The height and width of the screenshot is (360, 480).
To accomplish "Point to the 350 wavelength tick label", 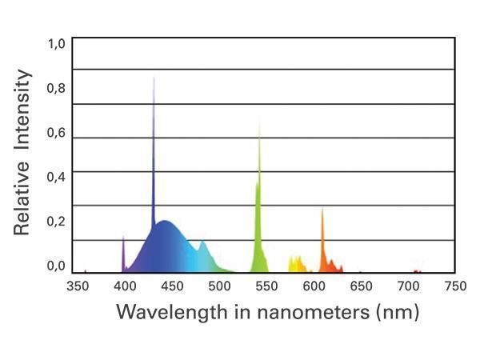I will click(77, 286).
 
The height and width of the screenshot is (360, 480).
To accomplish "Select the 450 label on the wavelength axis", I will click(171, 286).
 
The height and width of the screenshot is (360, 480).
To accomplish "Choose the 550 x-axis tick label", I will click(266, 286).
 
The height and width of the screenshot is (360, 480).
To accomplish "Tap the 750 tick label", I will click(454, 286).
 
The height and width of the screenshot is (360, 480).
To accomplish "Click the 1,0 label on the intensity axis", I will click(55, 44).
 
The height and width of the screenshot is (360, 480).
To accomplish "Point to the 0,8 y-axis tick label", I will click(55, 88).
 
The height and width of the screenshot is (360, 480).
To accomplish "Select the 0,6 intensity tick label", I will click(55, 133).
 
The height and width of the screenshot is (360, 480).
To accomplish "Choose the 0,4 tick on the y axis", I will click(55, 177).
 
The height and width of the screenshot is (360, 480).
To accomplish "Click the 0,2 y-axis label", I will click(55, 222).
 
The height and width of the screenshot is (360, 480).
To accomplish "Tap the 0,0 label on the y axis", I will click(55, 266).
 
